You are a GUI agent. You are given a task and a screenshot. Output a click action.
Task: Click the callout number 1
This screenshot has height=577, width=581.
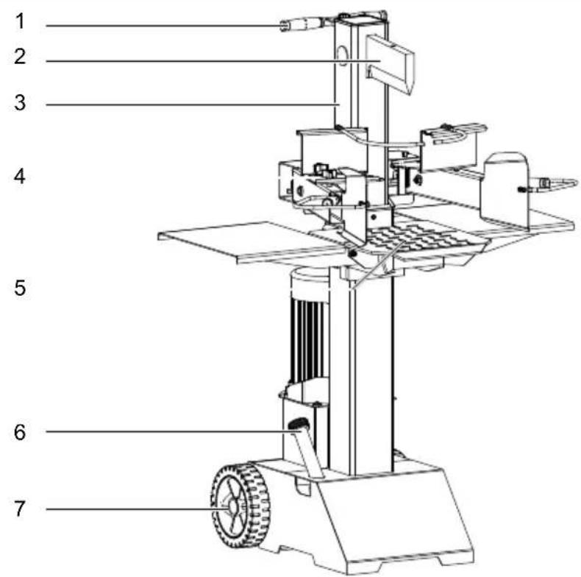pos(20,21)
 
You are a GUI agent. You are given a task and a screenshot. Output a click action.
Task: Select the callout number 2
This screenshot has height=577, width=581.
pos(20,57)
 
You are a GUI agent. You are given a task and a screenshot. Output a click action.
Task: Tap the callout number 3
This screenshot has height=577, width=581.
pos(20,102)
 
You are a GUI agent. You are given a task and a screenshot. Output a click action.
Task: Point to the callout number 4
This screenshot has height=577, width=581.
pos(20,176)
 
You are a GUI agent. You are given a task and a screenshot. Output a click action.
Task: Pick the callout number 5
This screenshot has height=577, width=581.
pos(20,288)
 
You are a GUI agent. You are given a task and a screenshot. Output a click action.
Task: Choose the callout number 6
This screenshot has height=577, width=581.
pos(20,432)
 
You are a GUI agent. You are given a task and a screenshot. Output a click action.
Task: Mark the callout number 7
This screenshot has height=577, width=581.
pos(20,509)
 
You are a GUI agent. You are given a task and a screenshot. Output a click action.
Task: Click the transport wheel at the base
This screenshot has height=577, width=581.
pos(240,506)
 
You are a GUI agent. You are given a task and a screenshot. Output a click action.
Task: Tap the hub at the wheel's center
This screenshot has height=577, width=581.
pos(233,506)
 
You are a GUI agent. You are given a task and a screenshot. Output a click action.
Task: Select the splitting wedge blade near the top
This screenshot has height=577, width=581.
pos(390,64)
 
